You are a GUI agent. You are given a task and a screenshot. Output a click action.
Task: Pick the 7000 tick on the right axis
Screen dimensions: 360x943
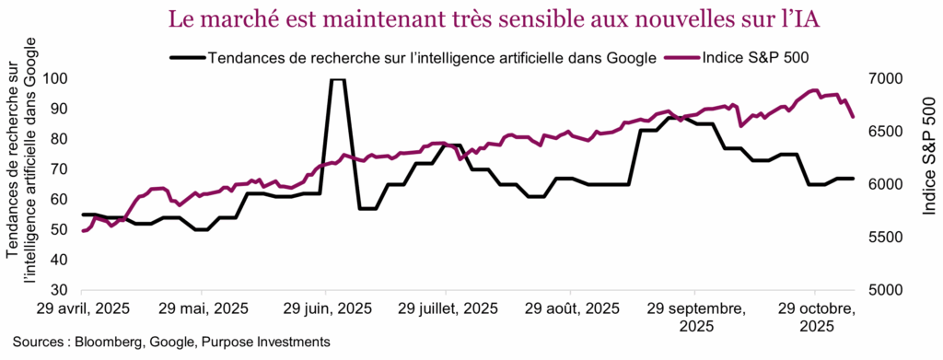pos(886,79)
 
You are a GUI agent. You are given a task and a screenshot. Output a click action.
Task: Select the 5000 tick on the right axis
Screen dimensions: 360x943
pos(886,290)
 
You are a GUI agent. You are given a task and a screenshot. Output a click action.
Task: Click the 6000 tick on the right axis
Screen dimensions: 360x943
pos(886,185)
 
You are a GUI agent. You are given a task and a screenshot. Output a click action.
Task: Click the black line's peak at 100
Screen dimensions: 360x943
pos(337,80)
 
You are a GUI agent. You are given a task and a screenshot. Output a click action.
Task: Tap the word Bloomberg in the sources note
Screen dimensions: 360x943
pos(106,343)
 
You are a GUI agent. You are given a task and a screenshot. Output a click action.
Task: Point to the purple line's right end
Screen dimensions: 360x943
pos(854,117)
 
